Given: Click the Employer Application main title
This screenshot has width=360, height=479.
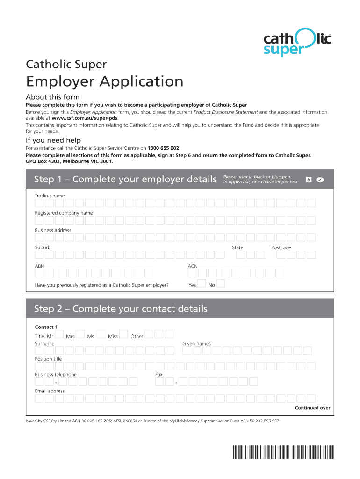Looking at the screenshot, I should tap(104, 81).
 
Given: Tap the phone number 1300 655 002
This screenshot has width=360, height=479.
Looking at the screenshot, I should tap(163, 148).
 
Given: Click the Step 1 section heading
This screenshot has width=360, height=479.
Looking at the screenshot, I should tap(124, 180).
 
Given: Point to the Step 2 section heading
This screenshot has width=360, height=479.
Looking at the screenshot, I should tap(121, 309).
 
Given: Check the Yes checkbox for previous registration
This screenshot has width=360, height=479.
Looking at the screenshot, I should tap(202, 284).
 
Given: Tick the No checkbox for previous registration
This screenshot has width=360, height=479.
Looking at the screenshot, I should tap(221, 284).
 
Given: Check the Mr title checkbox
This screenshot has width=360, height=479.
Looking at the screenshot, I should tap(59, 335).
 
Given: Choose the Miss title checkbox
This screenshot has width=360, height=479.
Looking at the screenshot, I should tap(123, 335).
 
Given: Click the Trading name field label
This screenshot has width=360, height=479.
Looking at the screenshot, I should tap(50, 196).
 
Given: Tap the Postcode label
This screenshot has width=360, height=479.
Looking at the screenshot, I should tap(281, 247).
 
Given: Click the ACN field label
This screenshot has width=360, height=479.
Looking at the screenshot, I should tap(193, 266).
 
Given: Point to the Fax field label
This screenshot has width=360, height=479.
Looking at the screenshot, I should tap(159, 375).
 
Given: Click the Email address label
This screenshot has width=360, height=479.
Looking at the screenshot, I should tap(50, 391).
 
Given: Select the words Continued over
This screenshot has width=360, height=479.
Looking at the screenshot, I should tap(312, 408).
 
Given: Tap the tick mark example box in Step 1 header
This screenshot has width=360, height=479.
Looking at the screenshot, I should tap(320, 180).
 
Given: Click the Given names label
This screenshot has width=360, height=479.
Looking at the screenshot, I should tap(196, 344).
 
